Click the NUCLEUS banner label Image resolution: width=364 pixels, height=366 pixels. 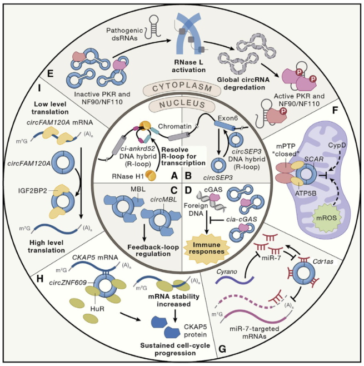pos(181,103)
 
